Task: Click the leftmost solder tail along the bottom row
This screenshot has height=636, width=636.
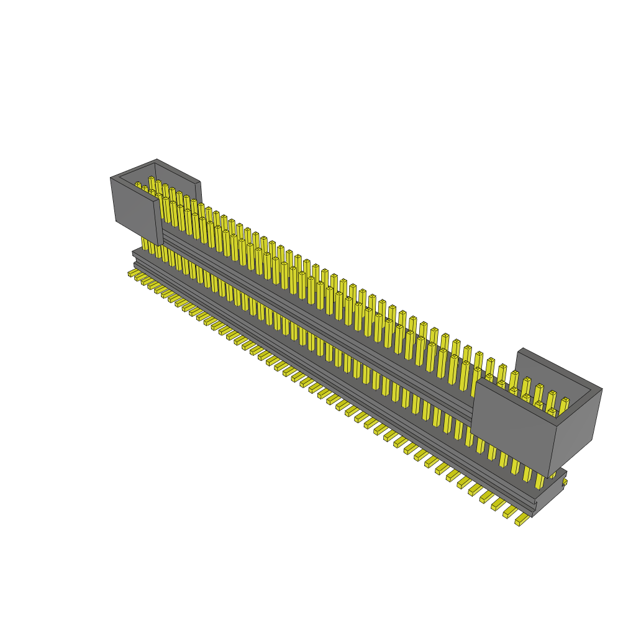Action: pyautogui.click(x=132, y=273)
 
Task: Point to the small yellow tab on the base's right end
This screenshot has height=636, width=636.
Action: pyautogui.click(x=565, y=481)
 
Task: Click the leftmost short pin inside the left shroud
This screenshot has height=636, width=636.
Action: pyautogui.click(x=138, y=186)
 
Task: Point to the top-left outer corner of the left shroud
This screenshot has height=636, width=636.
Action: pyautogui.click(x=111, y=178)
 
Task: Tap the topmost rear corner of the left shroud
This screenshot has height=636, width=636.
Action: pyautogui.click(x=157, y=159)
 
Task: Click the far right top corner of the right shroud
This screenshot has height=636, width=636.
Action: pyautogui.click(x=602, y=389)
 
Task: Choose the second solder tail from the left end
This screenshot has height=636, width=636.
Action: pyautogui.click(x=139, y=277)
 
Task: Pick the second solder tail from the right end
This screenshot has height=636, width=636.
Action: pyautogui.click(x=509, y=512)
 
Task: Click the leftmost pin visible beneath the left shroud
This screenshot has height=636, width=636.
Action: pyautogui.click(x=144, y=243)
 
